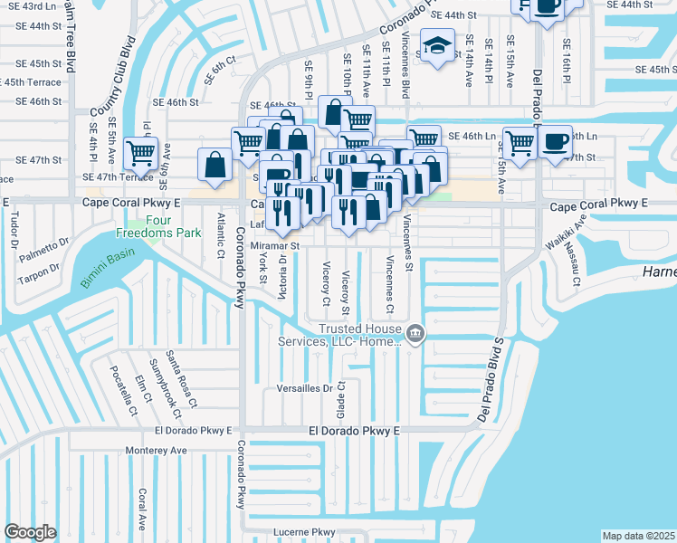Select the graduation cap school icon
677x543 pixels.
point(436,49)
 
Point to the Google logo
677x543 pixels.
point(30,531)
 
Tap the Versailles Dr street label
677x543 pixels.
point(304,388)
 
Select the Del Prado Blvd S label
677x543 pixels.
point(489,379)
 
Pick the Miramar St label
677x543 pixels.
point(275,245)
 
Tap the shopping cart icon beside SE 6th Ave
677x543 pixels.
point(140,153)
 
